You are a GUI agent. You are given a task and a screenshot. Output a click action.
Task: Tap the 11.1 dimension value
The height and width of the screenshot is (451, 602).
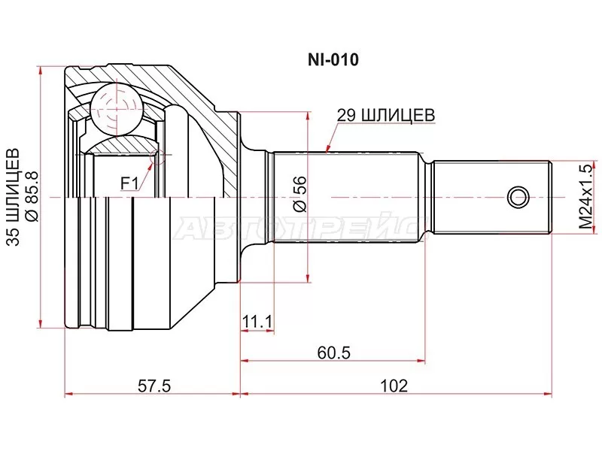(x=256, y=322)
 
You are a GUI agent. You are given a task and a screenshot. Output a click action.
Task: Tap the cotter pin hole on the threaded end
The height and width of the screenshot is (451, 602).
(x=518, y=198)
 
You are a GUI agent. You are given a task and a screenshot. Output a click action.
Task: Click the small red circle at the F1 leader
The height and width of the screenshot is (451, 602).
(x=157, y=156)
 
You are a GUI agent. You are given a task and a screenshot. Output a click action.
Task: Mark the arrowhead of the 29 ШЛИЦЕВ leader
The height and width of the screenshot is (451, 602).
(x=327, y=150)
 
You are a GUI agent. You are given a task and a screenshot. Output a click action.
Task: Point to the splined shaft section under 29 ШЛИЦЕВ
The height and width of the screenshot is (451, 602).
(x=346, y=198)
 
